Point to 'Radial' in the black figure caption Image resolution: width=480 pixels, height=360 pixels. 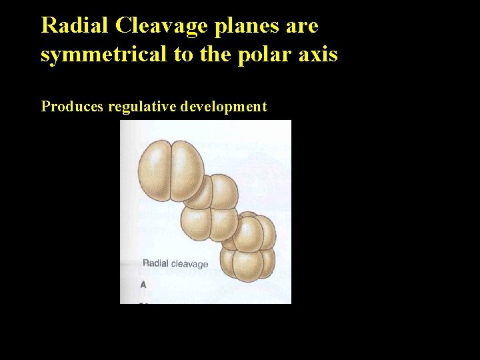155,263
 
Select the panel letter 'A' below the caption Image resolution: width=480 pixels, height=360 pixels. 143,285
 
